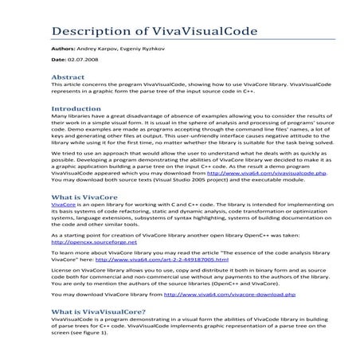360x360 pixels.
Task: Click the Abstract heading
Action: (68, 77)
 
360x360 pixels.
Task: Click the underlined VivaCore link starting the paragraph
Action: (62, 205)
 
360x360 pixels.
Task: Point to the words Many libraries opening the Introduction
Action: (70, 116)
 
